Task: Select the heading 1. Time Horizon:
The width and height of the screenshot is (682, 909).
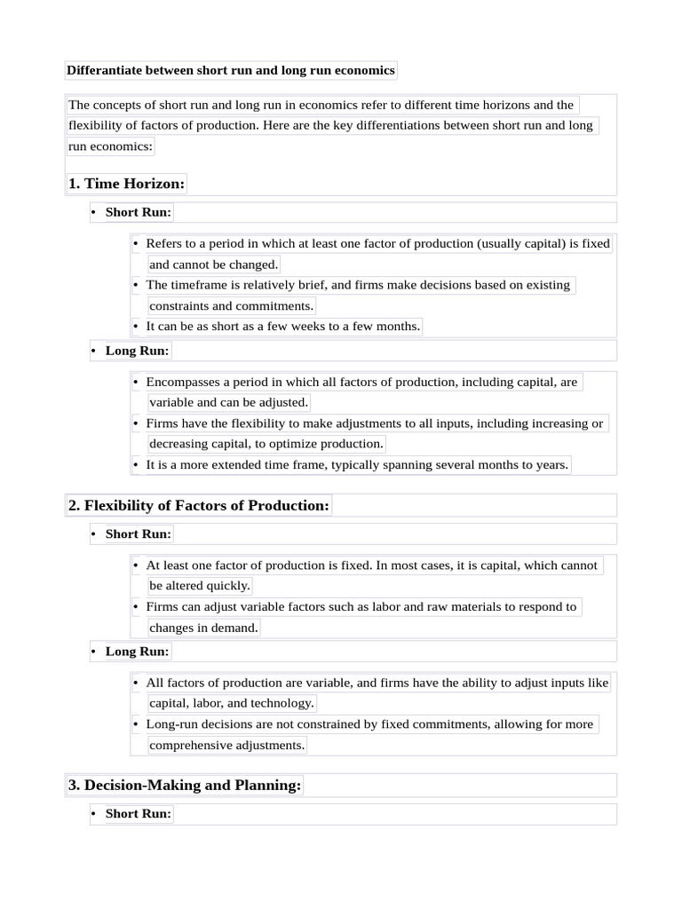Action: point(126,184)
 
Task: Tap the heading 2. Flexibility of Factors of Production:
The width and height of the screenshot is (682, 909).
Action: point(198,505)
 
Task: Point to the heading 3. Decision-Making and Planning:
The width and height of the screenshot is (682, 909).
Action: point(185,786)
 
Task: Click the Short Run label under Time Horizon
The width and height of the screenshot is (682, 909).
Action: point(138,212)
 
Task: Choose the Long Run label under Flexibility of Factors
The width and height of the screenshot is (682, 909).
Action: point(137,651)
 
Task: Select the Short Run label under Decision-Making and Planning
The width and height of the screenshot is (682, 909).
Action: point(138,813)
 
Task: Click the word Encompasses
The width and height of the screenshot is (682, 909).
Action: point(183,382)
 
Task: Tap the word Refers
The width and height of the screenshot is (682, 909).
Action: point(164,243)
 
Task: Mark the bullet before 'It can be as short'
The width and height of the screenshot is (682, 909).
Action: point(136,326)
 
